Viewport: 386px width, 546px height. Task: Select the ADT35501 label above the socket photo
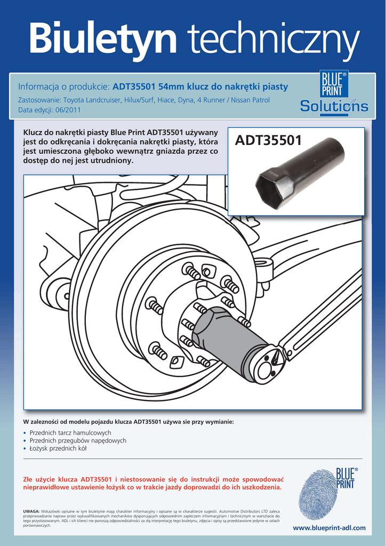click(269, 140)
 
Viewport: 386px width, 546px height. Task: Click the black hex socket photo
click(299, 173)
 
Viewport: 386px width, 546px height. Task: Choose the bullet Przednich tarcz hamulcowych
click(70, 432)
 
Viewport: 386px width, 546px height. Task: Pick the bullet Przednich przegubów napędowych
click(78, 440)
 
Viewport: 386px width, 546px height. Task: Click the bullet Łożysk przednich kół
click(58, 448)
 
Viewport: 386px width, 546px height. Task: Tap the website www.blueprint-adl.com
click(329, 528)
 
